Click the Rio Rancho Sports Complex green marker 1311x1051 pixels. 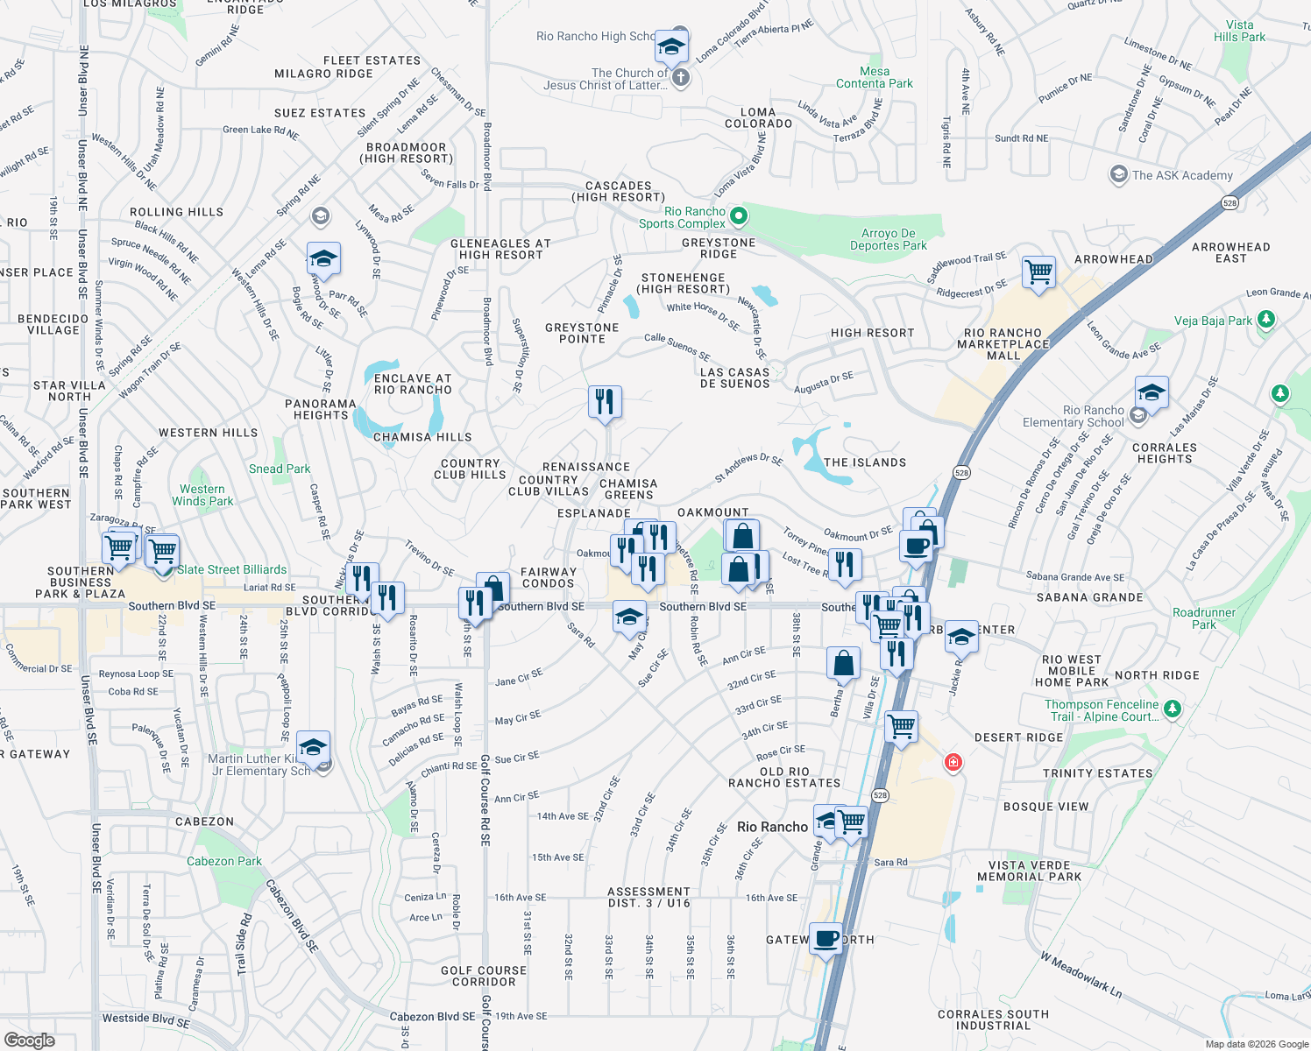(739, 215)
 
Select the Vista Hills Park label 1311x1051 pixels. (1239, 32)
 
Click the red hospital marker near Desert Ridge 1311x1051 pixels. (953, 763)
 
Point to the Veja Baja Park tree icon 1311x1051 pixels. (1265, 321)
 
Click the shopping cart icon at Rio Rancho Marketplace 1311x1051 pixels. (1038, 272)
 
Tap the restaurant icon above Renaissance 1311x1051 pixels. (605, 402)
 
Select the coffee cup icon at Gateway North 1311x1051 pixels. (826, 939)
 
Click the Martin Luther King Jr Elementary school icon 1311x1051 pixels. (313, 747)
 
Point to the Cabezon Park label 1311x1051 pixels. (223, 861)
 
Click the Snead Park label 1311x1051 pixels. (280, 469)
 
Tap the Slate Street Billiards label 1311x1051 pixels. (232, 569)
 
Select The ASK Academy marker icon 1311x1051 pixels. (1118, 174)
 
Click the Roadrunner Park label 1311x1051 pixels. (1204, 618)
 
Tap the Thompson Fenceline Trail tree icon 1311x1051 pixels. (1173, 708)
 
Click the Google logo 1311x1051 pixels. (29, 1040)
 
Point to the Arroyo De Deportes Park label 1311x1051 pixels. (888, 239)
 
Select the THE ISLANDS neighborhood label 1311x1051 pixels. (864, 462)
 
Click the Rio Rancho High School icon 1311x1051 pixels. (671, 46)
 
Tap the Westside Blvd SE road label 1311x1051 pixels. (145, 1019)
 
